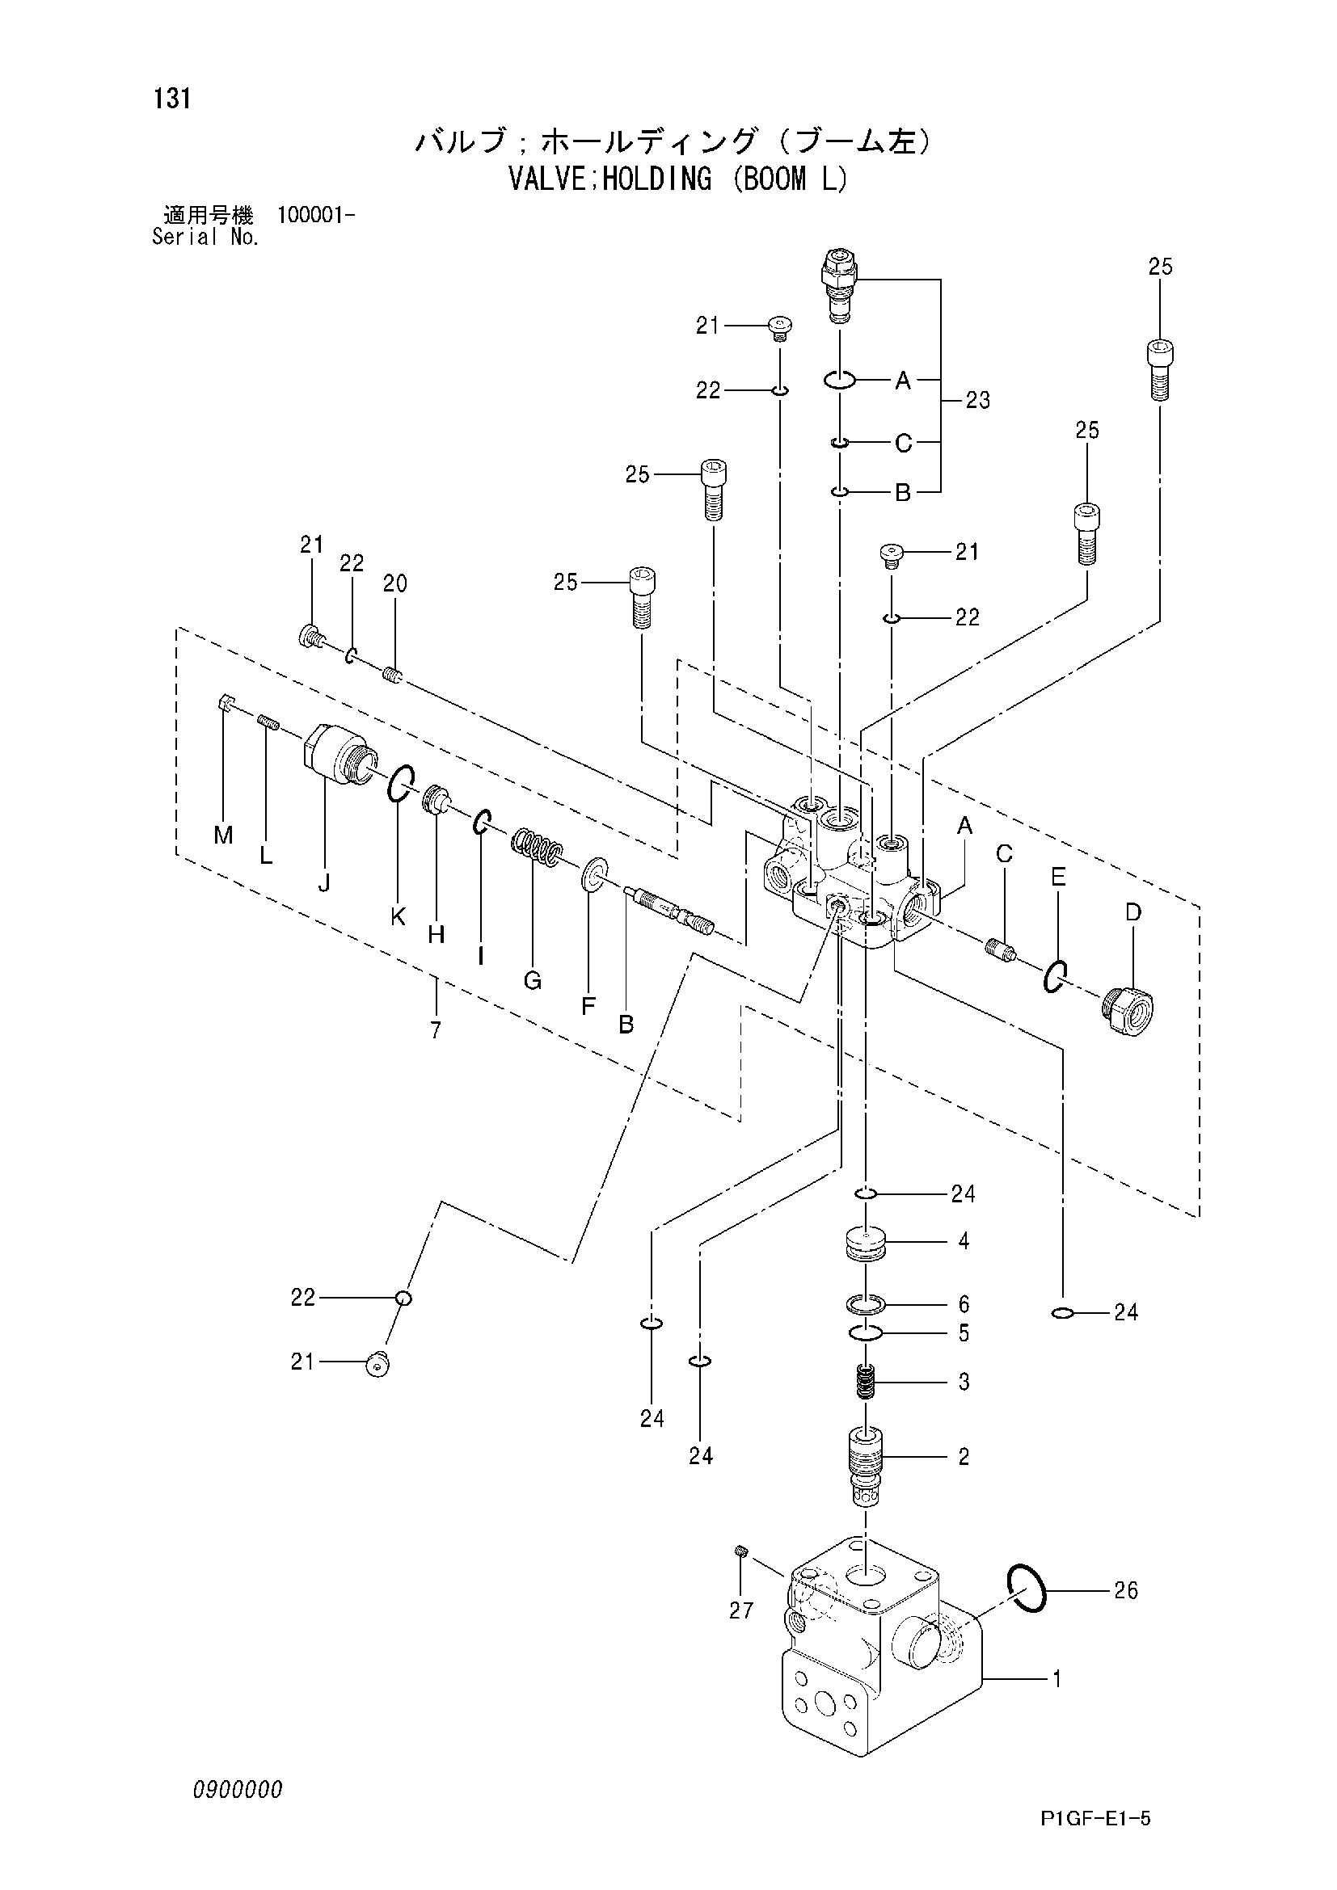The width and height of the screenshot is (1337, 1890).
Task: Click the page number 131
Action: (171, 99)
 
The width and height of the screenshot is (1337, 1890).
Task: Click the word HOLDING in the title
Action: (656, 179)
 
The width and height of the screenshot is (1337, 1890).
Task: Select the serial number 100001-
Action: (317, 217)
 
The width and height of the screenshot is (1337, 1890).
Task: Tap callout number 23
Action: (977, 401)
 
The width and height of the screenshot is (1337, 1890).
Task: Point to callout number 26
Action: (1125, 1590)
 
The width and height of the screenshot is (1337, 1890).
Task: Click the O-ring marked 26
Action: (1027, 1588)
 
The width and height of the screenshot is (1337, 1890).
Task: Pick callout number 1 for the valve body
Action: (1057, 1678)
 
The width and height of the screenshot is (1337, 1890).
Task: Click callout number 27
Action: (741, 1611)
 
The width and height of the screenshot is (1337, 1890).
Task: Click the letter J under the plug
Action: (324, 883)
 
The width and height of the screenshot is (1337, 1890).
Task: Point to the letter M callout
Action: (223, 836)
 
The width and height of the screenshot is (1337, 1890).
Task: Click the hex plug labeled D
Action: (1127, 1013)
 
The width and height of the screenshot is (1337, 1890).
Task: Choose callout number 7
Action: (436, 1029)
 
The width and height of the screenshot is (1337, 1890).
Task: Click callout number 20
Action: (395, 583)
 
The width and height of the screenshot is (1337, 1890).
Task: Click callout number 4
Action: (964, 1240)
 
